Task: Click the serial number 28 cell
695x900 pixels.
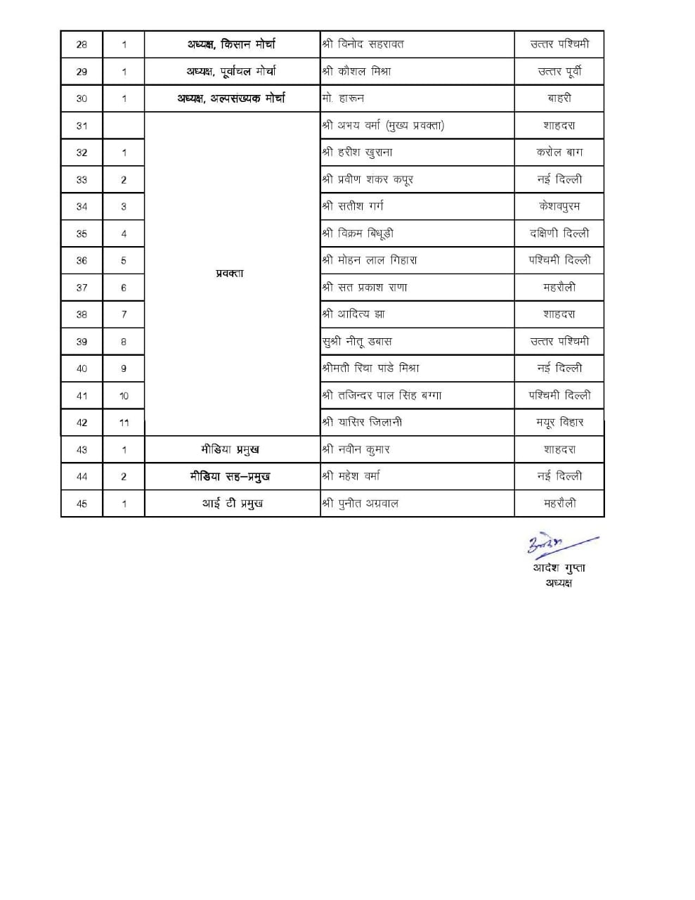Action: point(82,44)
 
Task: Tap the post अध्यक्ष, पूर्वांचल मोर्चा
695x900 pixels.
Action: point(231,71)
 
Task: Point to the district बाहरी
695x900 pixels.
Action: point(559,98)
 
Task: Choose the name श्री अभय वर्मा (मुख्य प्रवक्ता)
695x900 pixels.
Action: point(383,126)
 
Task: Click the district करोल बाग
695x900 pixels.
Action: point(559,153)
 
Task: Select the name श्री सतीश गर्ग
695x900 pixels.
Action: point(353,206)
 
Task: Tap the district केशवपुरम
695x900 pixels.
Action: point(559,206)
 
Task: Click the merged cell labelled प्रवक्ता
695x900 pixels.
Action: point(230,274)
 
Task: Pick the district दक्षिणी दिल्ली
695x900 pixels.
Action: point(559,233)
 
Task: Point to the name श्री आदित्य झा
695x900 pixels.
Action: point(353,314)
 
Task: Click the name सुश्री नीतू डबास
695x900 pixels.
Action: point(356,341)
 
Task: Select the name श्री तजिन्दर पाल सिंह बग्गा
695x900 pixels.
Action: point(382,395)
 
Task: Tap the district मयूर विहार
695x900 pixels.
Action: point(559,423)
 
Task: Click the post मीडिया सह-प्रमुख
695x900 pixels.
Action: point(230,477)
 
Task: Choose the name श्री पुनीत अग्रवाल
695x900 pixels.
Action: point(360,503)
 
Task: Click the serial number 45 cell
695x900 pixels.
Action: point(82,503)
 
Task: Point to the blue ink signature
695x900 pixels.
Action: point(559,544)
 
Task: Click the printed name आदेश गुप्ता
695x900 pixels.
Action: point(559,568)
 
